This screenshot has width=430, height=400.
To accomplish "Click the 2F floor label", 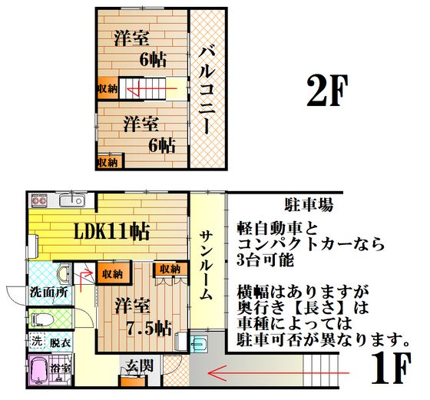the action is (328, 90).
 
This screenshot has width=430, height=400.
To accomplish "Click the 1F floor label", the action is (392, 368).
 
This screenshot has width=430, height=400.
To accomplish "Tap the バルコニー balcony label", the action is (207, 91).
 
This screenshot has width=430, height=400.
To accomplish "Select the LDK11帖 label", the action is (112, 232).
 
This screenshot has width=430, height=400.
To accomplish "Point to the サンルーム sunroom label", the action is (207, 266).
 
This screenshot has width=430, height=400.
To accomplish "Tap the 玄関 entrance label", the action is (140, 365).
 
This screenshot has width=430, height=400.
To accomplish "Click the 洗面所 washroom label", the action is (49, 292).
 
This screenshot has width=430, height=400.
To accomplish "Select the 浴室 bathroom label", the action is (61, 369).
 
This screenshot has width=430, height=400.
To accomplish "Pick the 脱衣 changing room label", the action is (60, 342).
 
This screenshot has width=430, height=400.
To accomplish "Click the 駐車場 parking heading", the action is (309, 204).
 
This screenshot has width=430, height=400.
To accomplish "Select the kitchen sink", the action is (72, 201).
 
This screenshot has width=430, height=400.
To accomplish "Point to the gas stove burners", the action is (39, 200).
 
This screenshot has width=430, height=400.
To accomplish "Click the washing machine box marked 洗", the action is (37, 342).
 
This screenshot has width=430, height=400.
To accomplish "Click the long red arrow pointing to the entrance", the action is (279, 373).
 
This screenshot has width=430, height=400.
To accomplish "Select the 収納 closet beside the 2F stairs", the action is (108, 89).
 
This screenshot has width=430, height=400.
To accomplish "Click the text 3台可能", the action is (266, 260).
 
